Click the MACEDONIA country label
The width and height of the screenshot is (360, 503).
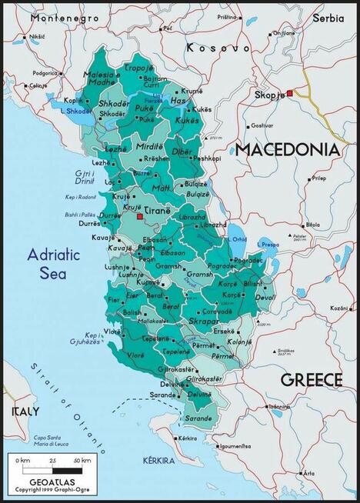[287, 149]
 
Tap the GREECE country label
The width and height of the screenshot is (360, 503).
[311, 379]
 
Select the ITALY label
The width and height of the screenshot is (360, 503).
[25, 411]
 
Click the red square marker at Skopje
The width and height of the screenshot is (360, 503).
[291, 94]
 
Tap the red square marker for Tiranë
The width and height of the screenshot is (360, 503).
[139, 218]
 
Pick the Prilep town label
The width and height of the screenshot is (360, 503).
[318, 178]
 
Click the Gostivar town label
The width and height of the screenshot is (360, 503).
[262, 125]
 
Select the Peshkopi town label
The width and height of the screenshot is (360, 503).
[205, 158]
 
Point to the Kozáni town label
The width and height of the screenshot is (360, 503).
[338, 308]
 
